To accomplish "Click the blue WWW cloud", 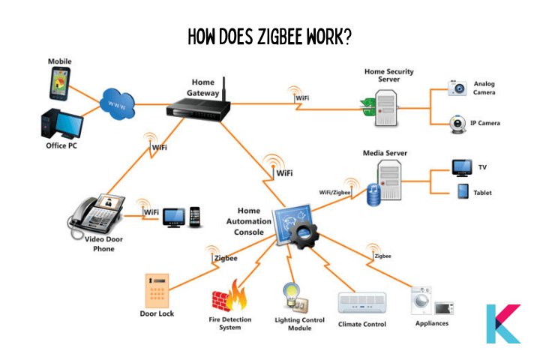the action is click(x=117, y=104).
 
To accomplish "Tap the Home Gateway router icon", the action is click(x=198, y=108).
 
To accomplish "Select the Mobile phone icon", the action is click(x=60, y=83).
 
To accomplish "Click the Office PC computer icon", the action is click(x=62, y=123).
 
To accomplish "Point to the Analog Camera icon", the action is click(x=457, y=88).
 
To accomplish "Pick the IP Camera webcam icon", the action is click(x=457, y=124).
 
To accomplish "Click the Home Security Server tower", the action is click(x=385, y=108).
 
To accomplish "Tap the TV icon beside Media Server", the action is click(x=462, y=168).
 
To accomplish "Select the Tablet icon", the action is click(x=463, y=191).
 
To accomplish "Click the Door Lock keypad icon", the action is click(x=157, y=291).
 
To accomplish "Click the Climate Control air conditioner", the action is click(x=362, y=303).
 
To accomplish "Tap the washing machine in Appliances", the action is click(x=421, y=301).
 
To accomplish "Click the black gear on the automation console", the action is click(x=303, y=234).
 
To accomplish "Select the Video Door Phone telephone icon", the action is click(x=97, y=215).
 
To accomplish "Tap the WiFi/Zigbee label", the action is click(x=334, y=192).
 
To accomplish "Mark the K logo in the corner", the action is click(x=503, y=324).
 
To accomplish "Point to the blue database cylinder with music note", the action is click(x=374, y=195).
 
